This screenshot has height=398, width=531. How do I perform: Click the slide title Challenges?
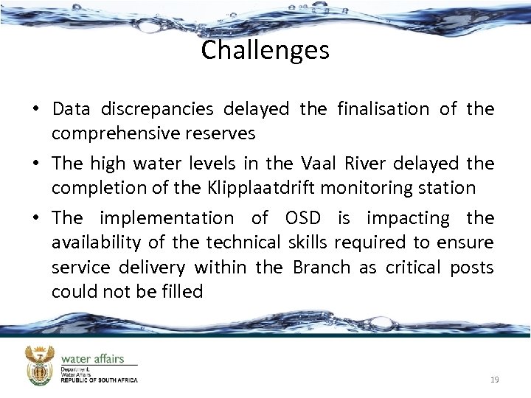coord(265,51)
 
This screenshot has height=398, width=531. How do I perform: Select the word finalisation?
coord(383,109)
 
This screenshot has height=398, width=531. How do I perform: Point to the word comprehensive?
coord(128,133)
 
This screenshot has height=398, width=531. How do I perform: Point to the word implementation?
coord(166,218)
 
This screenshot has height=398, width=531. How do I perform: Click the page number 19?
coord(495,380)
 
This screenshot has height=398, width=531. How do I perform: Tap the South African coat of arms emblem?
coord(40,366)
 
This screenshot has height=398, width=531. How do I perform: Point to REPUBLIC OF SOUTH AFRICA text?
coord(99,380)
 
